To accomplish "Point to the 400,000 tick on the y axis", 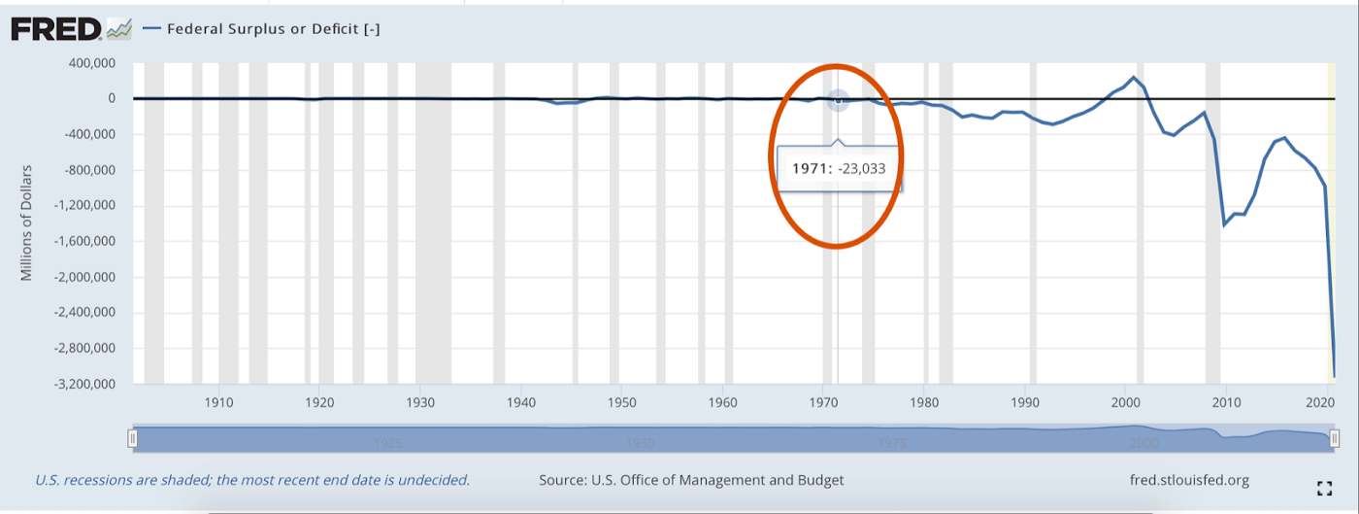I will pos(87,63).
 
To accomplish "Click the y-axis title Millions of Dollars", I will pos(27,223).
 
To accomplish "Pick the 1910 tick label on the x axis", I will pos(218,400).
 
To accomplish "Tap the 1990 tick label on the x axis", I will pos(1025,400).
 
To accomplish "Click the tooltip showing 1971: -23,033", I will pos(839,168).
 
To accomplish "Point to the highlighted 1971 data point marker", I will pos(839,100).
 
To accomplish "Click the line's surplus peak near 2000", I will pos(1133,78).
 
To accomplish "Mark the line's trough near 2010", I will pos(1225,224).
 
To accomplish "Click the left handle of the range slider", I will pos(133,439).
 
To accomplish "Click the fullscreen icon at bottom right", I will pos(1323,488).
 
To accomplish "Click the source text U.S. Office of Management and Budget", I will pos(691,479).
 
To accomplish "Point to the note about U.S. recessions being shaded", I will pos(252,479).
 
